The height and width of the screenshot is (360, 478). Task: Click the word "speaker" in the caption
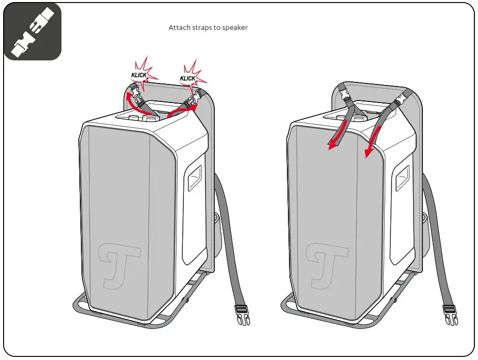[234, 27]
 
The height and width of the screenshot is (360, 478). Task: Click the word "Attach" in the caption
[179, 27]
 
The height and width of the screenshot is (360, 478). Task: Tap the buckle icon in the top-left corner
[32, 31]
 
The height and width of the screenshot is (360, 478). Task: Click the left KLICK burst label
[139, 75]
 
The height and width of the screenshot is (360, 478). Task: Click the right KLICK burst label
[187, 78]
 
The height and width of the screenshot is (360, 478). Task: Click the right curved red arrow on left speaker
[183, 110]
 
